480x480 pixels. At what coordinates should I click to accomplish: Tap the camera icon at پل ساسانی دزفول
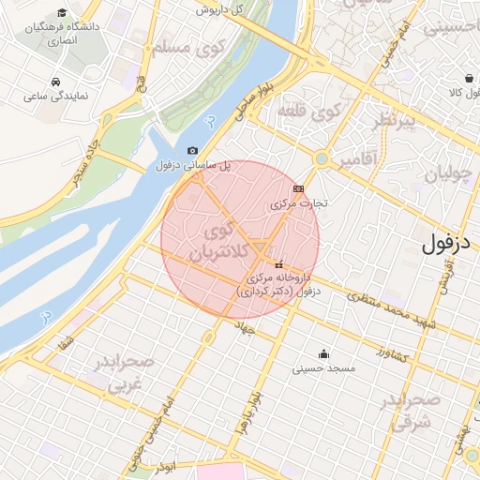(x=193, y=150)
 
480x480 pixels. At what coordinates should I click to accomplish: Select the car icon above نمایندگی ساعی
(x=58, y=82)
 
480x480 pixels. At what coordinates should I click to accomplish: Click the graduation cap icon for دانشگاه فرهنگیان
(x=62, y=13)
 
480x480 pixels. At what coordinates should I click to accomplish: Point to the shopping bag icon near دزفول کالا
(x=468, y=78)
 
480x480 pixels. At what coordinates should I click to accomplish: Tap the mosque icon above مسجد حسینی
(x=324, y=353)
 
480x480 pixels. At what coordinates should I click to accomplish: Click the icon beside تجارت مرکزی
(x=298, y=188)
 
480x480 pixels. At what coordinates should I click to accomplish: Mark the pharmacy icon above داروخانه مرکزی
(x=278, y=265)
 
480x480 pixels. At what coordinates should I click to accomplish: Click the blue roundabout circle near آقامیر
(x=322, y=159)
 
